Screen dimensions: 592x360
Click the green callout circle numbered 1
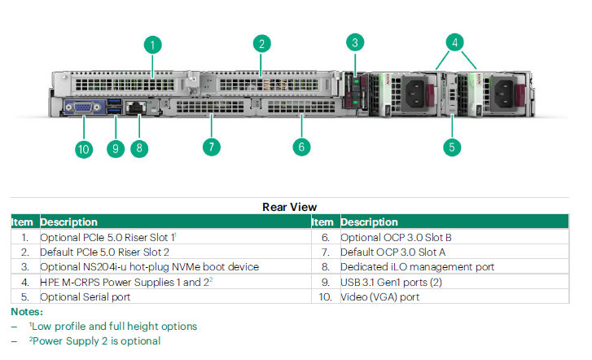click(x=152, y=45)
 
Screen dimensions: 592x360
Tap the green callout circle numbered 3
click(x=355, y=42)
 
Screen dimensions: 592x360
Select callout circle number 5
click(x=452, y=147)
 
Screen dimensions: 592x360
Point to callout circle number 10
click(x=84, y=149)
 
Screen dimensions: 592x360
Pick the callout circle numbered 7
click(x=212, y=147)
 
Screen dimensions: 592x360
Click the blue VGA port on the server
click(x=83, y=108)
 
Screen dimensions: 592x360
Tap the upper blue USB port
click(x=114, y=102)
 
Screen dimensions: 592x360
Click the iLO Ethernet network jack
click(x=135, y=108)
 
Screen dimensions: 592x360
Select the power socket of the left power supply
click(x=414, y=92)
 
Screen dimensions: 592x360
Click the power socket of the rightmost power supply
click(x=504, y=93)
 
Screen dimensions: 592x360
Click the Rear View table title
click(x=290, y=207)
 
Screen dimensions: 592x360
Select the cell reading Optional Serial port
click(x=86, y=297)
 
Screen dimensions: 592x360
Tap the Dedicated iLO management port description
click(x=417, y=266)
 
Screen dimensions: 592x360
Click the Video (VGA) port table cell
click(x=379, y=297)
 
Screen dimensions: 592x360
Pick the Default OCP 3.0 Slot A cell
click(x=392, y=252)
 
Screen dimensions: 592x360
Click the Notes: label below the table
click(x=27, y=312)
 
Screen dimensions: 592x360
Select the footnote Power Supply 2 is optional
click(x=94, y=340)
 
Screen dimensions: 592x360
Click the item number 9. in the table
click(x=326, y=282)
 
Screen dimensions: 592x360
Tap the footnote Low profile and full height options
click(x=113, y=326)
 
